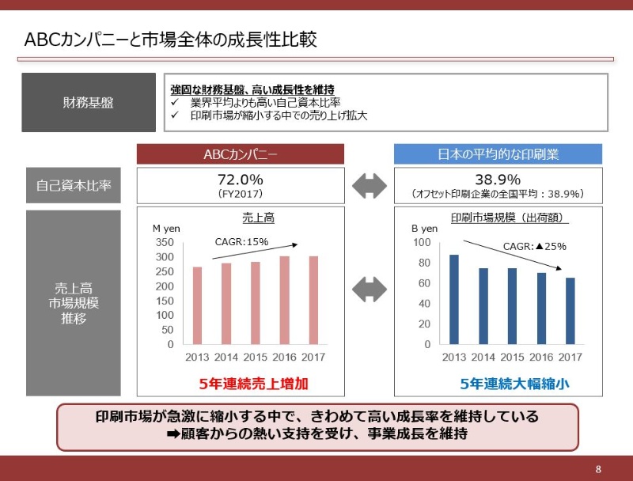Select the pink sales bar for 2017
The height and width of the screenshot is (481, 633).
tap(313, 300)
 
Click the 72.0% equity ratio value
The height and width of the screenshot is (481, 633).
tap(240, 180)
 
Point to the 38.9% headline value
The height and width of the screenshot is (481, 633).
tap(498, 180)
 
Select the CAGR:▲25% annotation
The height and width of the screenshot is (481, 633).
tap(535, 246)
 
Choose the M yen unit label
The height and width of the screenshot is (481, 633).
tap(166, 228)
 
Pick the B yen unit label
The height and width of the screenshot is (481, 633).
tap(424, 228)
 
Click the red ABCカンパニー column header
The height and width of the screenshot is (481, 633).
tap(241, 154)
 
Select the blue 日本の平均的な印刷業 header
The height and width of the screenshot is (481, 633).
tap(498, 154)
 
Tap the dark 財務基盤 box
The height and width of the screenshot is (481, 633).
tap(88, 103)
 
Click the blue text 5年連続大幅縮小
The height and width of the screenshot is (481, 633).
tap(515, 384)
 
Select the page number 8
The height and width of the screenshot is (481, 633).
tap(598, 468)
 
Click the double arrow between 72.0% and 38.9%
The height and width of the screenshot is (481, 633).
tap(370, 187)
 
